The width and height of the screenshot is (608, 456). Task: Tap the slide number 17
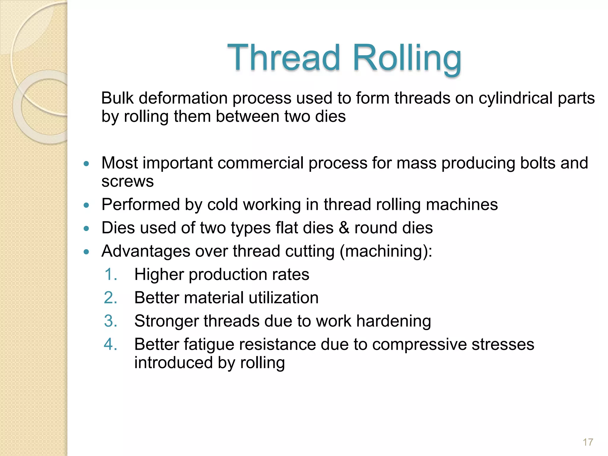[588, 442]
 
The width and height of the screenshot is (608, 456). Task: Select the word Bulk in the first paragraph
[117, 98]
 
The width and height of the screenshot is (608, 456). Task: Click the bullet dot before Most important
[86, 164]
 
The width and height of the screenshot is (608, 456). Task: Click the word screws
[128, 181]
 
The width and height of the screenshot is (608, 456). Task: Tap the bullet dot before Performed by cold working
[86, 205]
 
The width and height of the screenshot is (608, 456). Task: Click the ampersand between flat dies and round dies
[344, 228]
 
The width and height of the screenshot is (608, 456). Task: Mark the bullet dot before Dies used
[86, 229]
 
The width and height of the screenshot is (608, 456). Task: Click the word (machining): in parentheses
[386, 251]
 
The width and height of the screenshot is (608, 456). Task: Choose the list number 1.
[111, 274]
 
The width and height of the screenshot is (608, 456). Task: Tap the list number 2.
[111, 298]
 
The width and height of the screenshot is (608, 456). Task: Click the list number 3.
[111, 321]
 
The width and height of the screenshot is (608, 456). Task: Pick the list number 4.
[111, 345]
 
